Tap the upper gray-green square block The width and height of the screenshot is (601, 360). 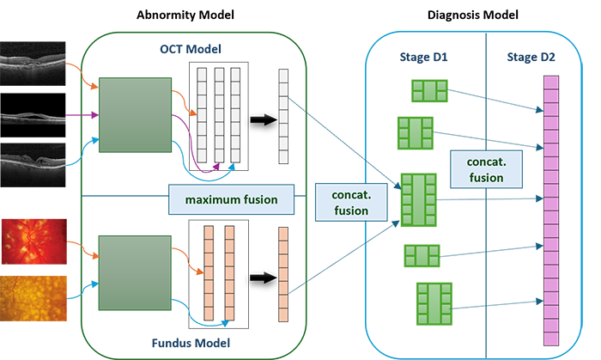pos(134,115)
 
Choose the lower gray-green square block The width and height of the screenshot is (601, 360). pos(134,274)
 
